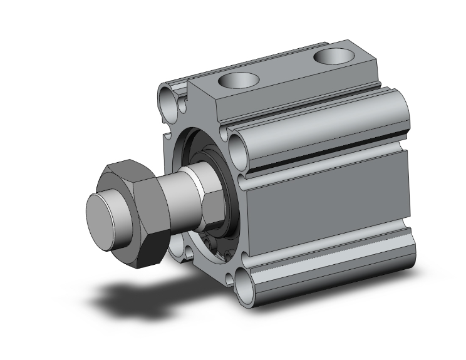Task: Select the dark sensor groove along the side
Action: [326, 160]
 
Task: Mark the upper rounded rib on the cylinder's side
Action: [326, 128]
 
